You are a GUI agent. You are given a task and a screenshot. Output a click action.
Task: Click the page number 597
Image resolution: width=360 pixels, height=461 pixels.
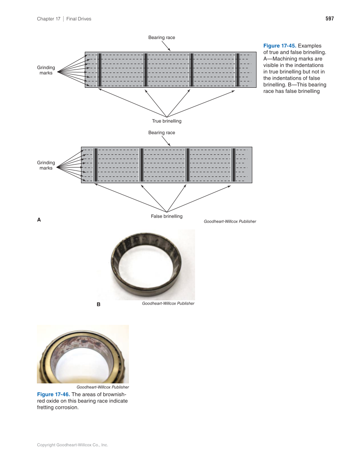pos(329,19)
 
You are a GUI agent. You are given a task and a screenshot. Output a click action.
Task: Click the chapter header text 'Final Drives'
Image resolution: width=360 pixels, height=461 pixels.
pos(79,19)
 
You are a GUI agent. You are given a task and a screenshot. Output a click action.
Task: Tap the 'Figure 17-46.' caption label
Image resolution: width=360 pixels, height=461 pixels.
pos(53,395)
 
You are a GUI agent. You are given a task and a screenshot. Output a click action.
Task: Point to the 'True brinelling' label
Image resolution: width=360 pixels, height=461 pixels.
pos(167,121)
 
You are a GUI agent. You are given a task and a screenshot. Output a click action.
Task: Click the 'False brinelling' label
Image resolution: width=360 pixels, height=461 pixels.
pos(167,216)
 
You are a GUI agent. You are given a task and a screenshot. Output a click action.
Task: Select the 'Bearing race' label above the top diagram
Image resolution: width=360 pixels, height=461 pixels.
pos(162,38)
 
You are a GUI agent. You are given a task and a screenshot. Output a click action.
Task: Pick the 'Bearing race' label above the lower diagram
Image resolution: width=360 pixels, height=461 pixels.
pos(162,133)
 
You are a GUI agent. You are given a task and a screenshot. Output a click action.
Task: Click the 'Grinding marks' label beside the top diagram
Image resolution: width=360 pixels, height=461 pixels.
pos(46,70)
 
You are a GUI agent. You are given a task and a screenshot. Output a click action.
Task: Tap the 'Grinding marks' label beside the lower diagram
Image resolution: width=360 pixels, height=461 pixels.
pos(46,165)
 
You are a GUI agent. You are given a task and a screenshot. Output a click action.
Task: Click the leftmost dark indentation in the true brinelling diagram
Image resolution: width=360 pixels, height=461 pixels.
pos(99,70)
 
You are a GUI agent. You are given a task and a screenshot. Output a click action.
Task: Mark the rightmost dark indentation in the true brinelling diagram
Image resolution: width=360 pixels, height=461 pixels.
pos(237,70)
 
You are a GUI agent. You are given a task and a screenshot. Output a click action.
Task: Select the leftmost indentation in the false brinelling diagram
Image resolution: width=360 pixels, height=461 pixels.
pos(95,165)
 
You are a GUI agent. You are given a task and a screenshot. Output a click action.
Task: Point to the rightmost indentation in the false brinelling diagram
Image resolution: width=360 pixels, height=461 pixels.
pos(233,165)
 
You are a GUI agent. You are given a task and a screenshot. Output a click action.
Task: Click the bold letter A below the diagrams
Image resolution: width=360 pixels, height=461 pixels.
pos(39,220)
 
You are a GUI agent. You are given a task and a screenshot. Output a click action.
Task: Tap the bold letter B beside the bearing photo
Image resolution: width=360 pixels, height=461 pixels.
pos(98,305)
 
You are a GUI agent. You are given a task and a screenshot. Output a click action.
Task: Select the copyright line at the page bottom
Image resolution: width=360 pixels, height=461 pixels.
pos(73,445)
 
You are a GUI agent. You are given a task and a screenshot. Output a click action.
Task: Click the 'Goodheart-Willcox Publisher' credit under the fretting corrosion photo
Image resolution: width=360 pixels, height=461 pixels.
pos(103,387)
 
